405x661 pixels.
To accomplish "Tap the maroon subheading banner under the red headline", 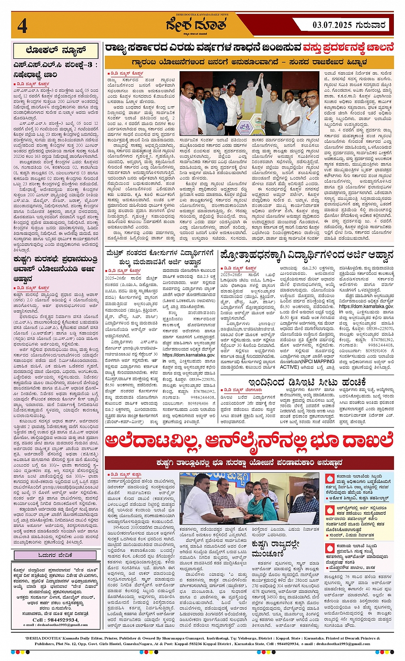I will point(249,463).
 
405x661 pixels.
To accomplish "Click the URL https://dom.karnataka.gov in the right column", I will point(366,306).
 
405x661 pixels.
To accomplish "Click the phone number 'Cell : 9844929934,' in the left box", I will point(55,620).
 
